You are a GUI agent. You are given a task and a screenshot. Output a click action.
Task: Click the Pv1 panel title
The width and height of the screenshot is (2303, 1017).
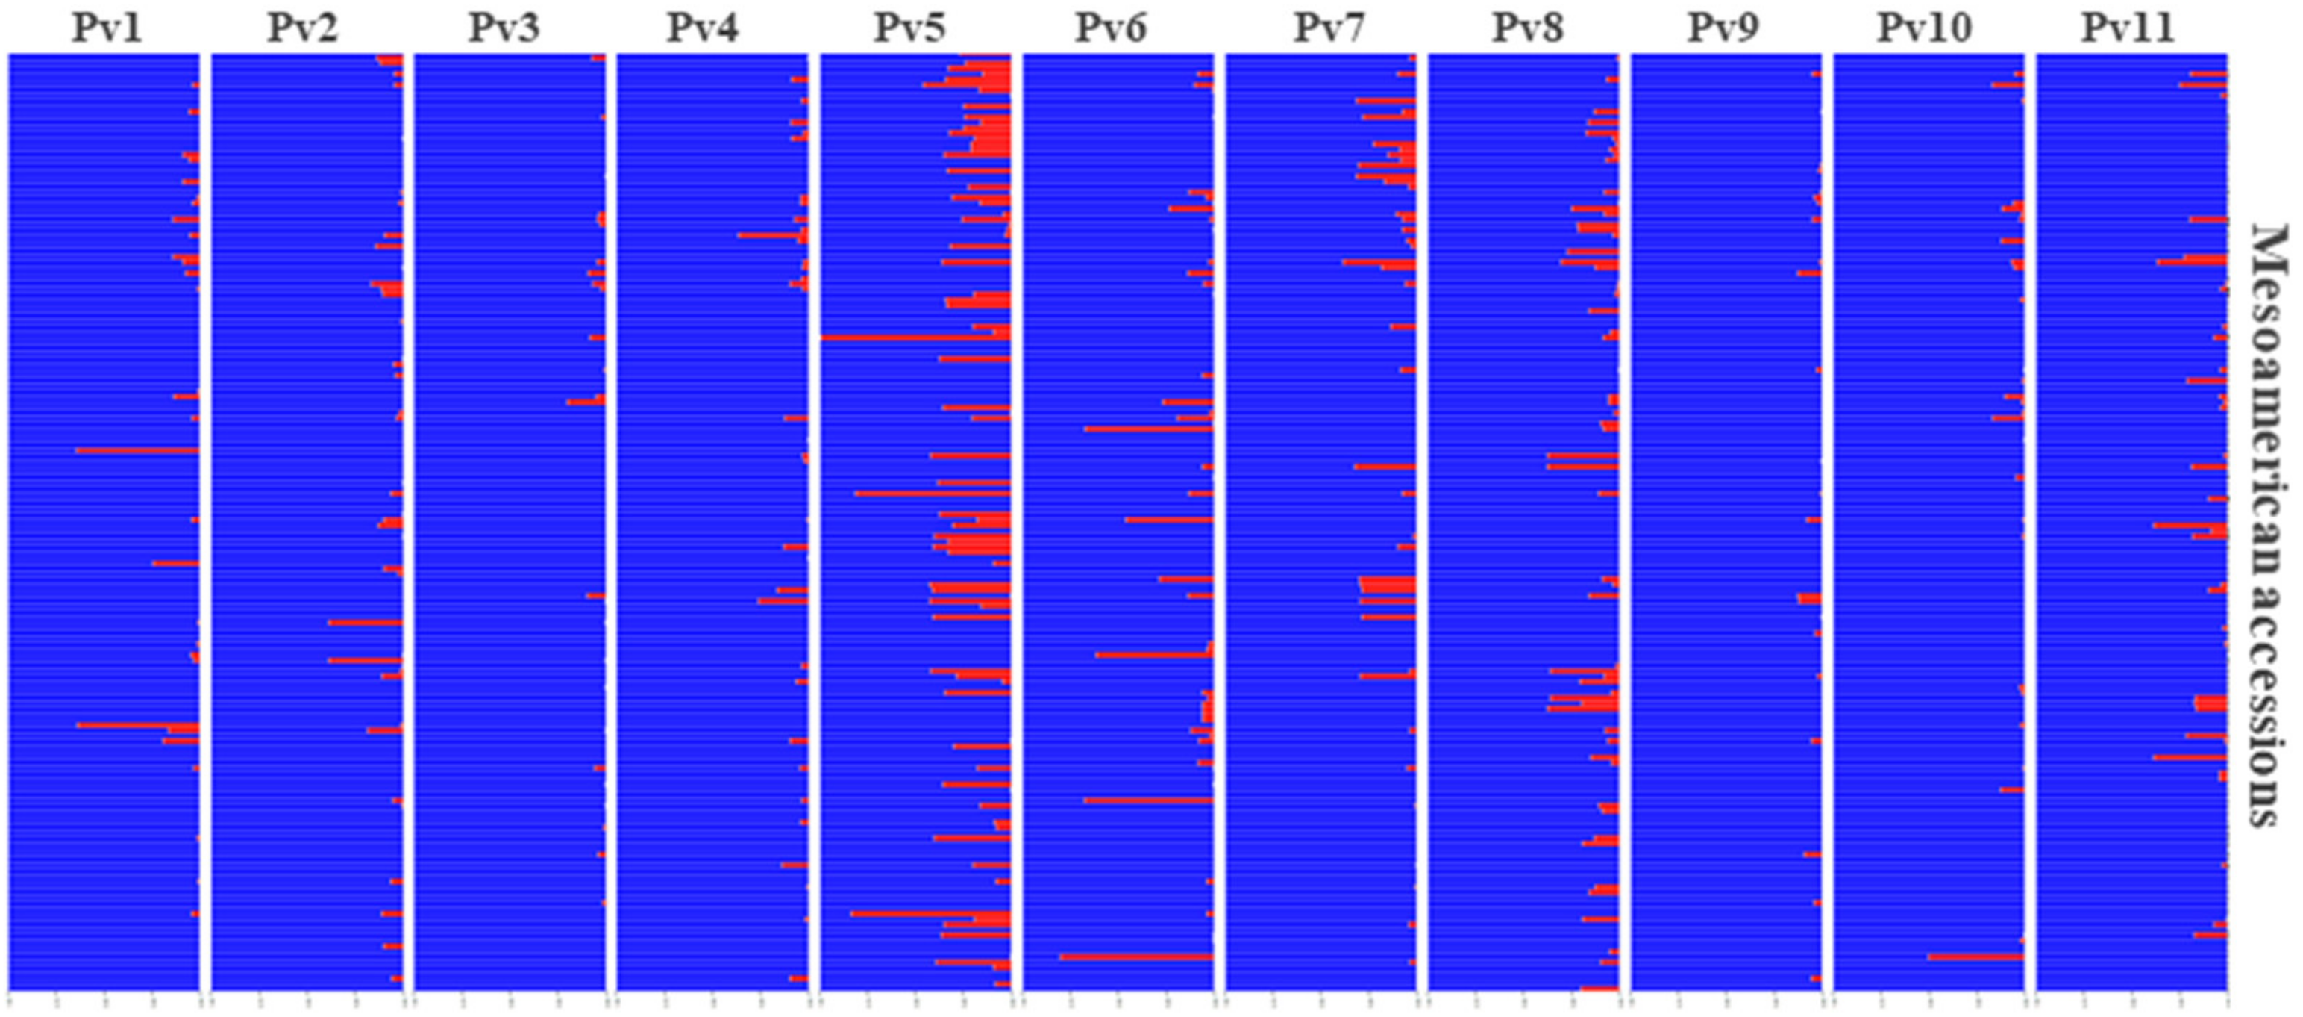tap(107, 28)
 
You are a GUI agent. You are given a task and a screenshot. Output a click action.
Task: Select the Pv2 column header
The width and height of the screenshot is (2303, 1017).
tap(302, 28)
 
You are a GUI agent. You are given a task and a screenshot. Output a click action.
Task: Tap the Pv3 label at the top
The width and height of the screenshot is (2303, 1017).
tap(504, 28)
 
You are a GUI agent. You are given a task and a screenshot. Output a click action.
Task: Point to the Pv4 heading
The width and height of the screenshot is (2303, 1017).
tap(703, 28)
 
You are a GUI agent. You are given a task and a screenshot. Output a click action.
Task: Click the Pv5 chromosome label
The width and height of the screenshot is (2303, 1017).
tap(909, 28)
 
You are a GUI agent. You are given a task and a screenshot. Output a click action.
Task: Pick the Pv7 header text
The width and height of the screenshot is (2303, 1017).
tap(1329, 28)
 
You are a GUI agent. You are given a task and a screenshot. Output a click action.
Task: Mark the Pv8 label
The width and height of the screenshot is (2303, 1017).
tap(1528, 28)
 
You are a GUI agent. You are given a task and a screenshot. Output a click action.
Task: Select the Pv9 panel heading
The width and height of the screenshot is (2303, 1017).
tap(1723, 28)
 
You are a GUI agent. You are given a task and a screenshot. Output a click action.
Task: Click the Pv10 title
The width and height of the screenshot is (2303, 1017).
tap(1924, 28)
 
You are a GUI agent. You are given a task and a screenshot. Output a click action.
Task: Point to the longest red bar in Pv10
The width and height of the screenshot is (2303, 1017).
tap(1975, 957)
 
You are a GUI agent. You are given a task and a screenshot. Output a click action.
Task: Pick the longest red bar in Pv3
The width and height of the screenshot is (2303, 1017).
tap(586, 402)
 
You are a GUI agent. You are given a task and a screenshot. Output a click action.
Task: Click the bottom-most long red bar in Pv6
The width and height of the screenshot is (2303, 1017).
tap(1135, 957)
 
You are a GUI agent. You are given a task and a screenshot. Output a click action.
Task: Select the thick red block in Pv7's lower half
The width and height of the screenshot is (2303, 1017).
tap(1388, 586)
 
